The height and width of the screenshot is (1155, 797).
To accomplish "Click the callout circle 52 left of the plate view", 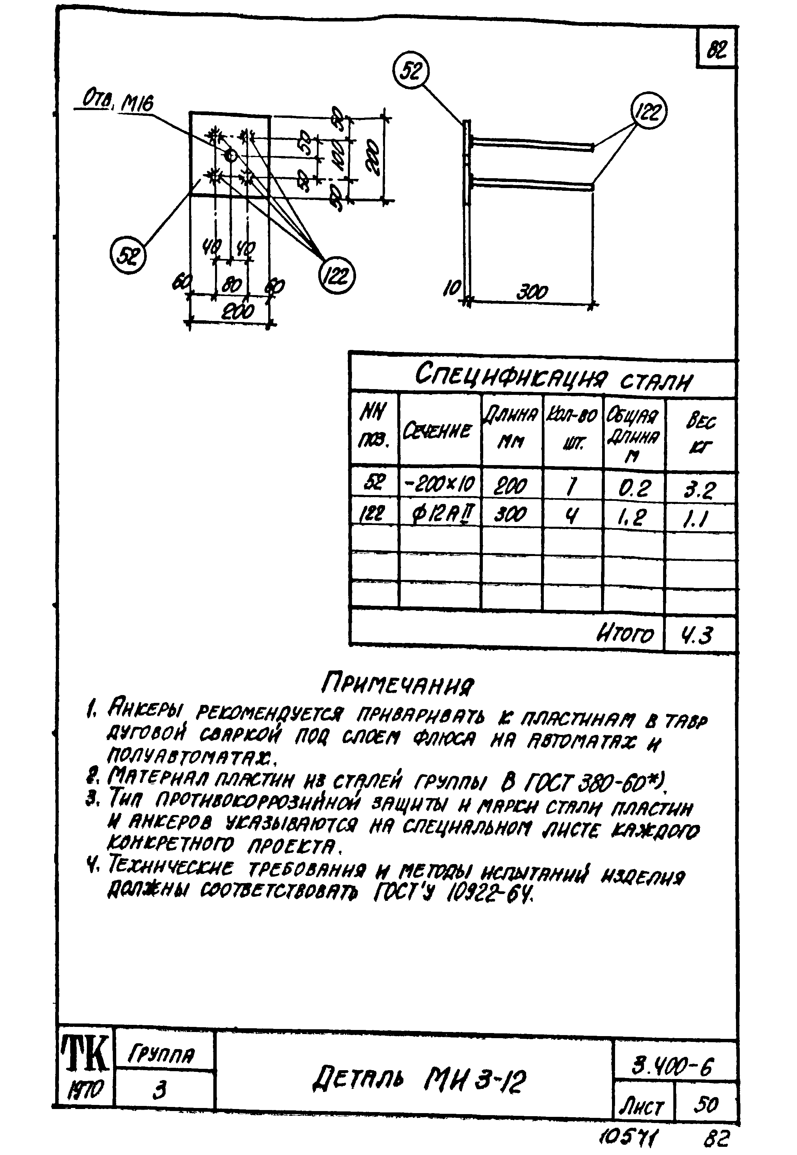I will click(x=128, y=256).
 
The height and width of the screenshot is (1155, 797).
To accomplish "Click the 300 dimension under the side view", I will click(x=532, y=292).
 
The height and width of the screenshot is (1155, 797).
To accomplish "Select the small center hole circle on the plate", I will click(x=231, y=155).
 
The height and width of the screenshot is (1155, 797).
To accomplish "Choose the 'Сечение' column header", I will click(x=438, y=430).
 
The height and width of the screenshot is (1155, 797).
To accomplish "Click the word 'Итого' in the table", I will click(x=624, y=634).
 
